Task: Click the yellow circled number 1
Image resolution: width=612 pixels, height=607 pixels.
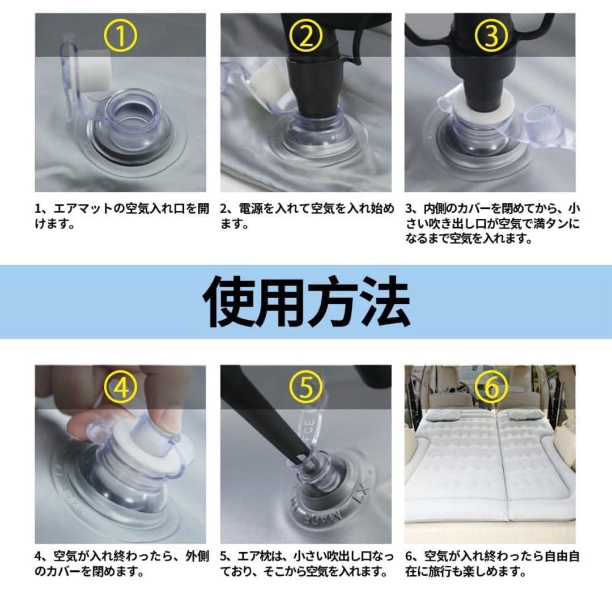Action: (121, 36)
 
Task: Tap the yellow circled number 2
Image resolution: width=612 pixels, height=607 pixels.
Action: (305, 36)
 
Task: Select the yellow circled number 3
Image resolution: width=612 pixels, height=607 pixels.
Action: (491, 36)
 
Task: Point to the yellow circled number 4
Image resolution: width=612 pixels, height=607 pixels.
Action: (121, 387)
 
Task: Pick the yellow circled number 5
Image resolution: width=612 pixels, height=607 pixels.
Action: (305, 387)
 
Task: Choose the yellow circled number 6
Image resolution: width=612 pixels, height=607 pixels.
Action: (491, 387)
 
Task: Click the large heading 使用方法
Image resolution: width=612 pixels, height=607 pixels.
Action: (307, 301)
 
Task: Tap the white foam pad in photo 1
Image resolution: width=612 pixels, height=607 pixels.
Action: (96, 74)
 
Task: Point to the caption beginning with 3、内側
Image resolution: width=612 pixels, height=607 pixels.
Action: (492, 223)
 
